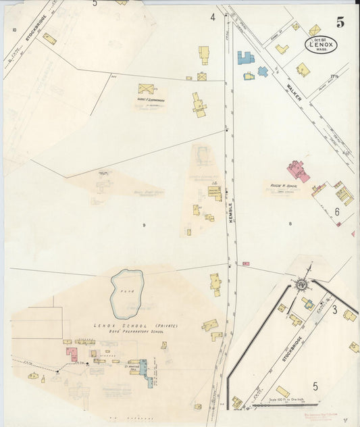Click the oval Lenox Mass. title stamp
point(319,46)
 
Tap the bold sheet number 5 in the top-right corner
point(340,22)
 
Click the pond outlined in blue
point(127,294)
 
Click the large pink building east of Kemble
point(298,170)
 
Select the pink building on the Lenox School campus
point(72,354)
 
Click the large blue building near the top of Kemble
point(245,58)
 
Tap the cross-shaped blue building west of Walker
point(262,71)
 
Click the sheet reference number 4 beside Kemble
point(212,16)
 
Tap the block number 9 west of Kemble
point(143,224)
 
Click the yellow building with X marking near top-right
point(315,30)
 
